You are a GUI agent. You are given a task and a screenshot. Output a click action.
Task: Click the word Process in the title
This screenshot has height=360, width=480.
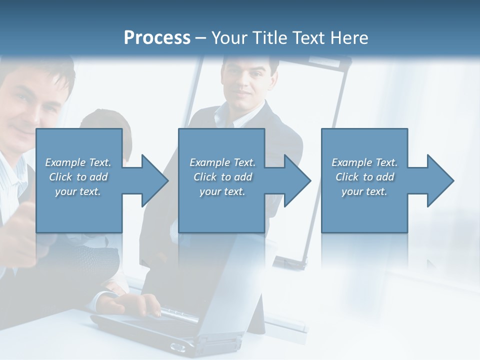(x=157, y=37)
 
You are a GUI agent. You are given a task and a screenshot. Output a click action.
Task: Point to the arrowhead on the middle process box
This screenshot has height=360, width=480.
(x=296, y=180)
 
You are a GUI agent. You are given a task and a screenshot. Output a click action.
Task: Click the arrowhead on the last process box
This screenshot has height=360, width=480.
(x=439, y=180)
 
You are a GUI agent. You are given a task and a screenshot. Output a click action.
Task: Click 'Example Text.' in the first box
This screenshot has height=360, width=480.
(x=78, y=162)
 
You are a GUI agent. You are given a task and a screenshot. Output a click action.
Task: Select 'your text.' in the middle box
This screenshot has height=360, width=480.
(x=222, y=191)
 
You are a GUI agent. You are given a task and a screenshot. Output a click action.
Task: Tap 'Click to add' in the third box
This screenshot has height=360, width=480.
(x=364, y=177)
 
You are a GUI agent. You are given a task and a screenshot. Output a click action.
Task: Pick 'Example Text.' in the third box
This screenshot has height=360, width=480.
(x=364, y=162)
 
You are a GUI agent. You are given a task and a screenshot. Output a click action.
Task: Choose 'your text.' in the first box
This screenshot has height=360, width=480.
(x=78, y=191)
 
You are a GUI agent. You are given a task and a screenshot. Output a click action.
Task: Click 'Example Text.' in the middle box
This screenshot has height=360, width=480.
(x=222, y=162)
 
